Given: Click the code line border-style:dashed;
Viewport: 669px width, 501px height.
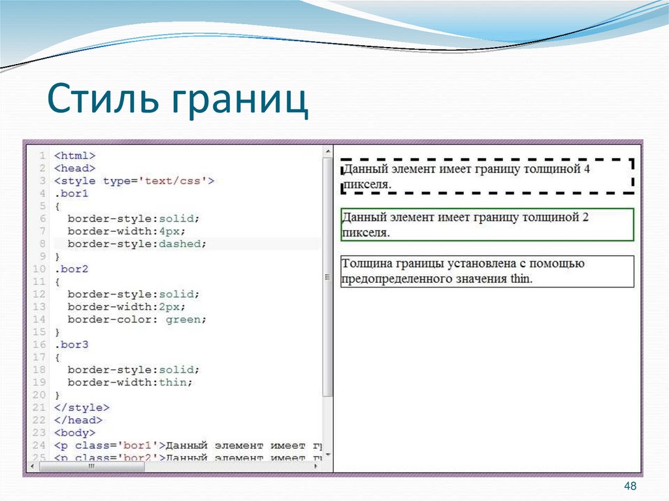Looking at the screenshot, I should [137, 244].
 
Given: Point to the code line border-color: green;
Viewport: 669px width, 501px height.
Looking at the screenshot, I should [137, 319].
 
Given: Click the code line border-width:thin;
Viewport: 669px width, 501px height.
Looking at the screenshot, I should [130, 382].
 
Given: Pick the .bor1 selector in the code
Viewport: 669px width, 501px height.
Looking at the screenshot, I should [71, 193].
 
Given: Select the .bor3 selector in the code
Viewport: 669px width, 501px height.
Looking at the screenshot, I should [71, 344].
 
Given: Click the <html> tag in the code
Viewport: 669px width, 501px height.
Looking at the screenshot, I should [74, 155].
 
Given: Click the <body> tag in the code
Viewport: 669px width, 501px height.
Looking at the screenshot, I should [74, 432].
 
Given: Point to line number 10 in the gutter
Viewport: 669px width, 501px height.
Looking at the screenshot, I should [40, 268].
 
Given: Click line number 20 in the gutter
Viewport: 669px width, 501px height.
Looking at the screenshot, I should [40, 395].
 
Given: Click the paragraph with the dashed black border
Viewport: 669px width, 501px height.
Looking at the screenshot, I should [487, 176].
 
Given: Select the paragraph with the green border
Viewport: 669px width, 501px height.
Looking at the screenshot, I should [487, 224].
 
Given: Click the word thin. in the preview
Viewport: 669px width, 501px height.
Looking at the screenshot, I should [521, 279].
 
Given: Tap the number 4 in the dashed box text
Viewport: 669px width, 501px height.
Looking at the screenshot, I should [586, 169].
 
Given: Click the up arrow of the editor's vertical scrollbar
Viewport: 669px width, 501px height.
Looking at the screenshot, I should [327, 152].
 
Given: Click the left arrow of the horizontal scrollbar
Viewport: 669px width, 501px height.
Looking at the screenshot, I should [32, 466].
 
